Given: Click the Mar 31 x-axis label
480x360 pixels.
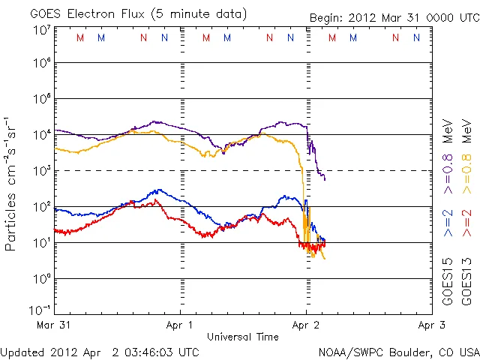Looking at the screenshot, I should (x=54, y=325).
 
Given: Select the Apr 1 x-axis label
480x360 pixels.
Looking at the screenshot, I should (x=180, y=325).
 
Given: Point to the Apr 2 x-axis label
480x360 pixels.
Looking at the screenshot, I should (x=305, y=325).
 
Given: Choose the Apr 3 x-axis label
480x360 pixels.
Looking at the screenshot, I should (x=430, y=325).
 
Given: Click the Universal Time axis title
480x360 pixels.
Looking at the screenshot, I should (x=242, y=337).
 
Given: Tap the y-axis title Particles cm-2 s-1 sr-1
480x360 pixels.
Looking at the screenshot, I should (x=13, y=184).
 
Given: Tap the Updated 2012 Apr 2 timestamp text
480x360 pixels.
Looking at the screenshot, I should (x=100, y=352).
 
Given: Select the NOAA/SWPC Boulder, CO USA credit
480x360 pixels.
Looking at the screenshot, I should (x=398, y=352).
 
